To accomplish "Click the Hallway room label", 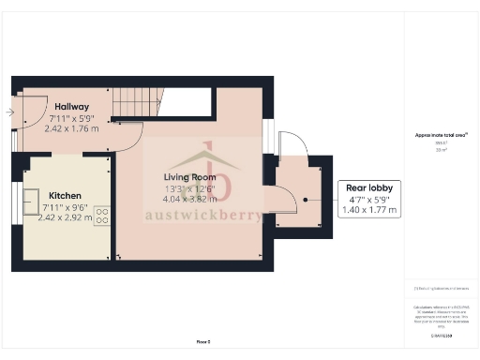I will pyautogui.click(x=71, y=106).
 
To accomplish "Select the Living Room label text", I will pyautogui.click(x=189, y=177).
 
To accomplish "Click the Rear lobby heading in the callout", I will pyautogui.click(x=370, y=187).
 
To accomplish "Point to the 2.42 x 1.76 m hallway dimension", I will pyautogui.click(x=71, y=129).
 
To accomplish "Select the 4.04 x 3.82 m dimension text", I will pyautogui.click(x=189, y=199).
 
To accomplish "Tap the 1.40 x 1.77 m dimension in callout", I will pyautogui.click(x=370, y=210).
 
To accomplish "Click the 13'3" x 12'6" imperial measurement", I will pyautogui.click(x=189, y=187).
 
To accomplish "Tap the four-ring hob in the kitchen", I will pyautogui.click(x=101, y=213).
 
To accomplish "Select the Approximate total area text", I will pyautogui.click(x=441, y=135).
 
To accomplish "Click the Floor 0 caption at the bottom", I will pyautogui.click(x=203, y=343).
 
